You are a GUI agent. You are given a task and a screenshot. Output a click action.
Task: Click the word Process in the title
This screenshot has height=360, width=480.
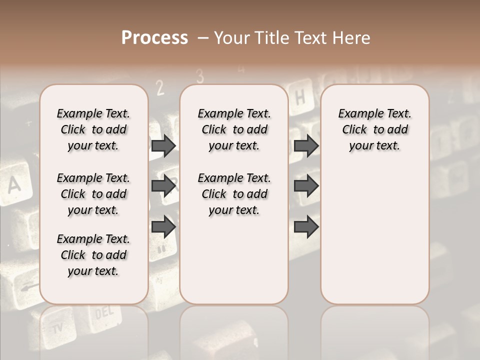(x=154, y=38)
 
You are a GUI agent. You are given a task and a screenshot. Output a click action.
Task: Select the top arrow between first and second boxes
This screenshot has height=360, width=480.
(x=163, y=145)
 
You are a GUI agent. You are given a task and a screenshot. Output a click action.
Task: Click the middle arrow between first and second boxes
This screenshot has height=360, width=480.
(x=163, y=186)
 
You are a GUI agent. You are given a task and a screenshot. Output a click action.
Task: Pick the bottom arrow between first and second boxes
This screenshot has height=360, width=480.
(x=163, y=226)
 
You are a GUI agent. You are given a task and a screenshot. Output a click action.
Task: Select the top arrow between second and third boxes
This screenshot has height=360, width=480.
(x=306, y=145)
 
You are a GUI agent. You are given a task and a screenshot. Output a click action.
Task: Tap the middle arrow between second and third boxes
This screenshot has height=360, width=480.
(x=306, y=186)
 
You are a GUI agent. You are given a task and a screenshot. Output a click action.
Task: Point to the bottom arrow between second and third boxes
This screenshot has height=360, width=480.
(x=306, y=226)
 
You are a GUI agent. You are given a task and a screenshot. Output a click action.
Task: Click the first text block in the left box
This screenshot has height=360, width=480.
(x=93, y=129)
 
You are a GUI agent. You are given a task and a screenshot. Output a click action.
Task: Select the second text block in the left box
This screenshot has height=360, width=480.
(x=93, y=194)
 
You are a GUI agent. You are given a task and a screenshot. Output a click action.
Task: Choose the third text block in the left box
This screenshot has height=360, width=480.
(x=93, y=255)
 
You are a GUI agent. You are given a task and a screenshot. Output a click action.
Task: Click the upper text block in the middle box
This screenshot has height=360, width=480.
(x=234, y=129)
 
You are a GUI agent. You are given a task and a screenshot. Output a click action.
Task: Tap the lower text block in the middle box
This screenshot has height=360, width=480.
(x=234, y=194)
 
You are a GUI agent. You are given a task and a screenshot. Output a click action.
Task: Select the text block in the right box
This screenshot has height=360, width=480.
(x=374, y=129)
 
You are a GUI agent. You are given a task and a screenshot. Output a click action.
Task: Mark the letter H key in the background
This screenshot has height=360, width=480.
(x=300, y=97)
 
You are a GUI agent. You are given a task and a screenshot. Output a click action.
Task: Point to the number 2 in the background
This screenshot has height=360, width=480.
(x=160, y=88)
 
